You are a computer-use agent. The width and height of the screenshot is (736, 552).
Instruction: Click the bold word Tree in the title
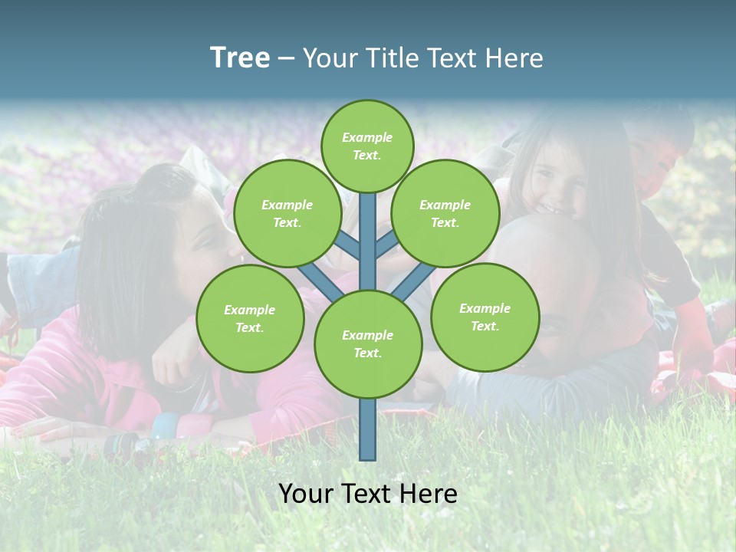click(240, 58)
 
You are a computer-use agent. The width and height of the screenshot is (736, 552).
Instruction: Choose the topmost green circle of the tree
click(367, 146)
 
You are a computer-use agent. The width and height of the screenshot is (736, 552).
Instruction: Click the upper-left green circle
click(287, 213)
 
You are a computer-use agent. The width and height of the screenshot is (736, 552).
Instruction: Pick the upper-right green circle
click(445, 213)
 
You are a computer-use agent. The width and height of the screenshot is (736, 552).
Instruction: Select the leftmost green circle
click(250, 318)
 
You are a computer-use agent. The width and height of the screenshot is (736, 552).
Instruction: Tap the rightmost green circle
click(485, 317)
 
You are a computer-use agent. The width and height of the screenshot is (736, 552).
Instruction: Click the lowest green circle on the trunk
click(367, 343)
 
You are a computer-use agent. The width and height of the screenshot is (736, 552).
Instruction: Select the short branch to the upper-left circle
click(349, 246)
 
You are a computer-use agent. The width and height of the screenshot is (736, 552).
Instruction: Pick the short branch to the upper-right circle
click(386, 245)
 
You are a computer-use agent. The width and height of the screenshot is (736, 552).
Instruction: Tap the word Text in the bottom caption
click(363, 494)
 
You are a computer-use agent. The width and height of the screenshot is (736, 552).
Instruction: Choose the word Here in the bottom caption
click(426, 494)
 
